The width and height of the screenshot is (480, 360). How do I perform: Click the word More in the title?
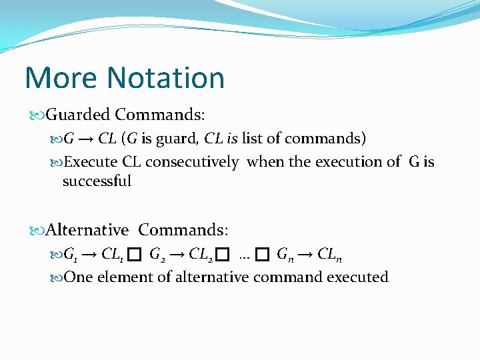[x=56, y=78]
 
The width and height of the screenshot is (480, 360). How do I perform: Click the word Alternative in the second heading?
[x=87, y=230]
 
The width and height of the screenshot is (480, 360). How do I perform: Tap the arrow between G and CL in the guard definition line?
[x=86, y=139]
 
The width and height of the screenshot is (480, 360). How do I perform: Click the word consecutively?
[x=192, y=161]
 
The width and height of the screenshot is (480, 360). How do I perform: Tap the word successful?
[x=97, y=181]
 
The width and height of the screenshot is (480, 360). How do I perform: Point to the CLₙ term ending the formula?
[x=330, y=254]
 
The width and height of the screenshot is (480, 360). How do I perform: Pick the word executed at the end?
[x=357, y=277]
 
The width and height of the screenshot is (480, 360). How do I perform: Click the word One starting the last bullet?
[x=79, y=277]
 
